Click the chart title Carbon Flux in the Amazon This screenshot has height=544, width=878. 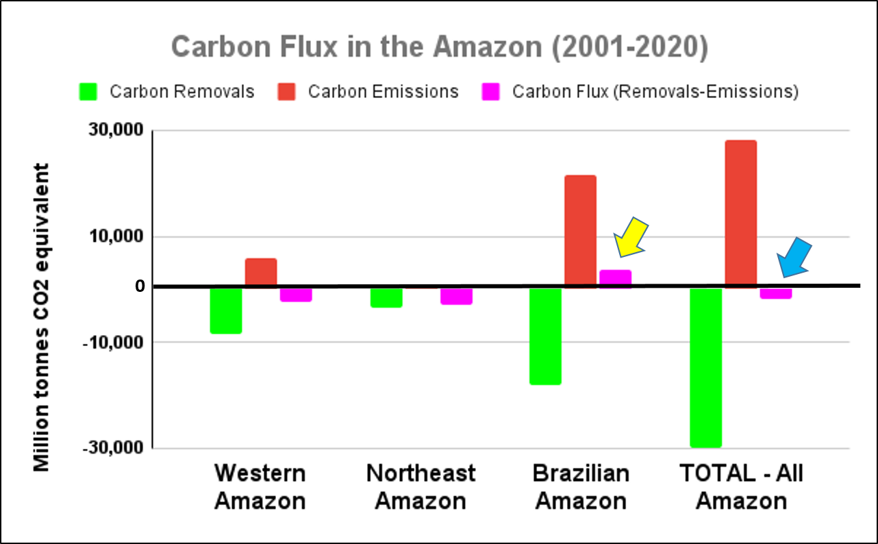[x=439, y=48]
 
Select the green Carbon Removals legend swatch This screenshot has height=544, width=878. [x=88, y=92]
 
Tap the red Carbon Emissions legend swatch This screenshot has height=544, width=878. [x=286, y=92]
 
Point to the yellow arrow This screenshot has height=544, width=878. [x=629, y=238]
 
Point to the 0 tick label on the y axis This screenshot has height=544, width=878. [x=140, y=286]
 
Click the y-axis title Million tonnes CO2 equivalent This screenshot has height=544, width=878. [x=42, y=317]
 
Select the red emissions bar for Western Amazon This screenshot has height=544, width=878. [x=261, y=272]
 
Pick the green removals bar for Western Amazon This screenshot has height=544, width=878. [x=226, y=310]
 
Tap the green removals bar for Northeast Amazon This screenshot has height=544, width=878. [x=386, y=297]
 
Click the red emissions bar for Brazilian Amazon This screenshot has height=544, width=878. [x=580, y=231]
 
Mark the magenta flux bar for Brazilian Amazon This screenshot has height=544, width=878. [x=615, y=278]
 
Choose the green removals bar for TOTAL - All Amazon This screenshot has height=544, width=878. [x=706, y=367]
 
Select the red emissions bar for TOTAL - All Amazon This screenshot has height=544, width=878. [x=740, y=213]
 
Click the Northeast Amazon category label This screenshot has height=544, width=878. [x=421, y=486]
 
